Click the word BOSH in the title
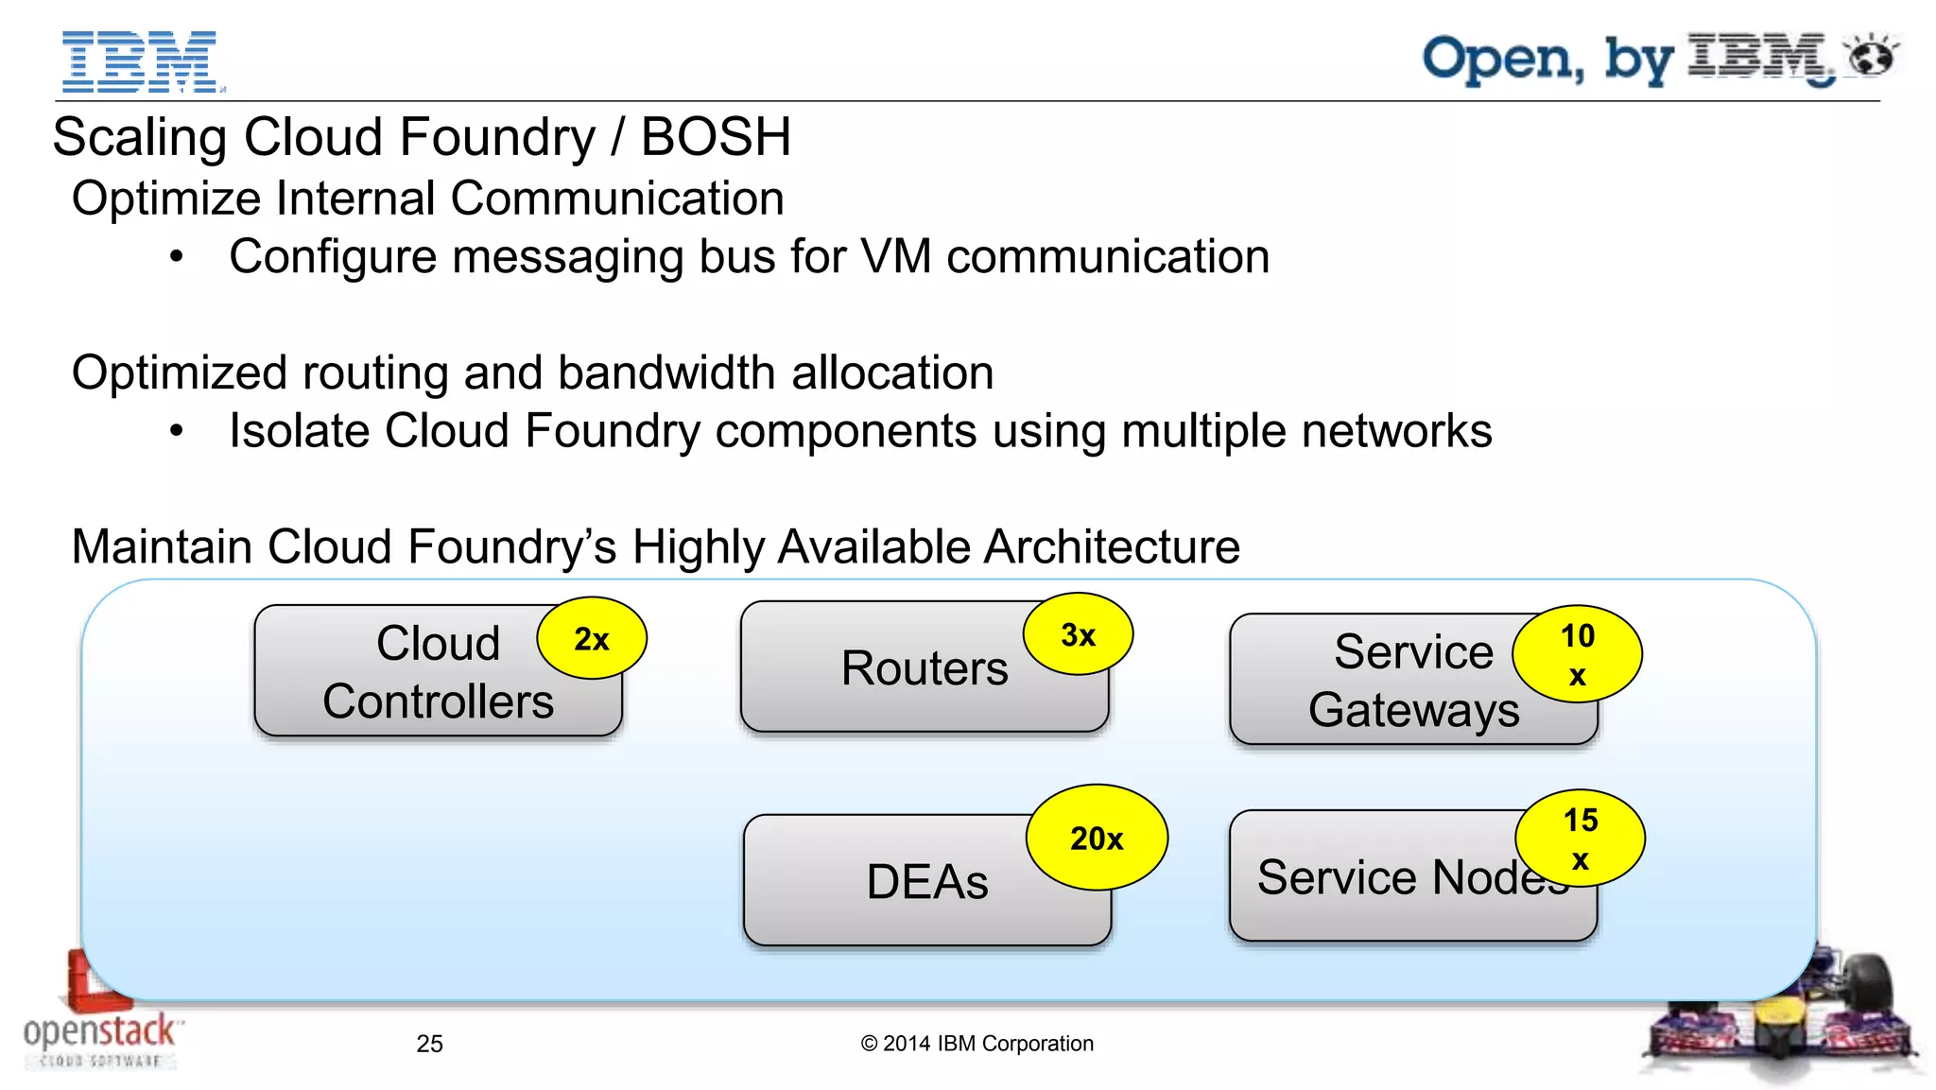pyautogui.click(x=716, y=137)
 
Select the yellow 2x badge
pyautogui.click(x=592, y=639)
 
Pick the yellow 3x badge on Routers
pyautogui.click(x=1078, y=634)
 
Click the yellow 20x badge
pyautogui.click(x=1097, y=838)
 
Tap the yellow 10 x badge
pyautogui.click(x=1577, y=654)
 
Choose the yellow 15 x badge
pyautogui.click(x=1580, y=839)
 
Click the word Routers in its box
pyautogui.click(x=925, y=668)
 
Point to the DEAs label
pyautogui.click(x=926, y=882)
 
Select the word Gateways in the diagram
pyautogui.click(x=1413, y=710)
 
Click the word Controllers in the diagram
pyautogui.click(x=438, y=701)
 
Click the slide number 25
pyautogui.click(x=429, y=1044)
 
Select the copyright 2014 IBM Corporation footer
pyautogui.click(x=977, y=1044)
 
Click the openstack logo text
pyautogui.click(x=99, y=1031)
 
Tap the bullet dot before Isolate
pyautogui.click(x=177, y=431)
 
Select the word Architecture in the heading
pyautogui.click(x=1111, y=547)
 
